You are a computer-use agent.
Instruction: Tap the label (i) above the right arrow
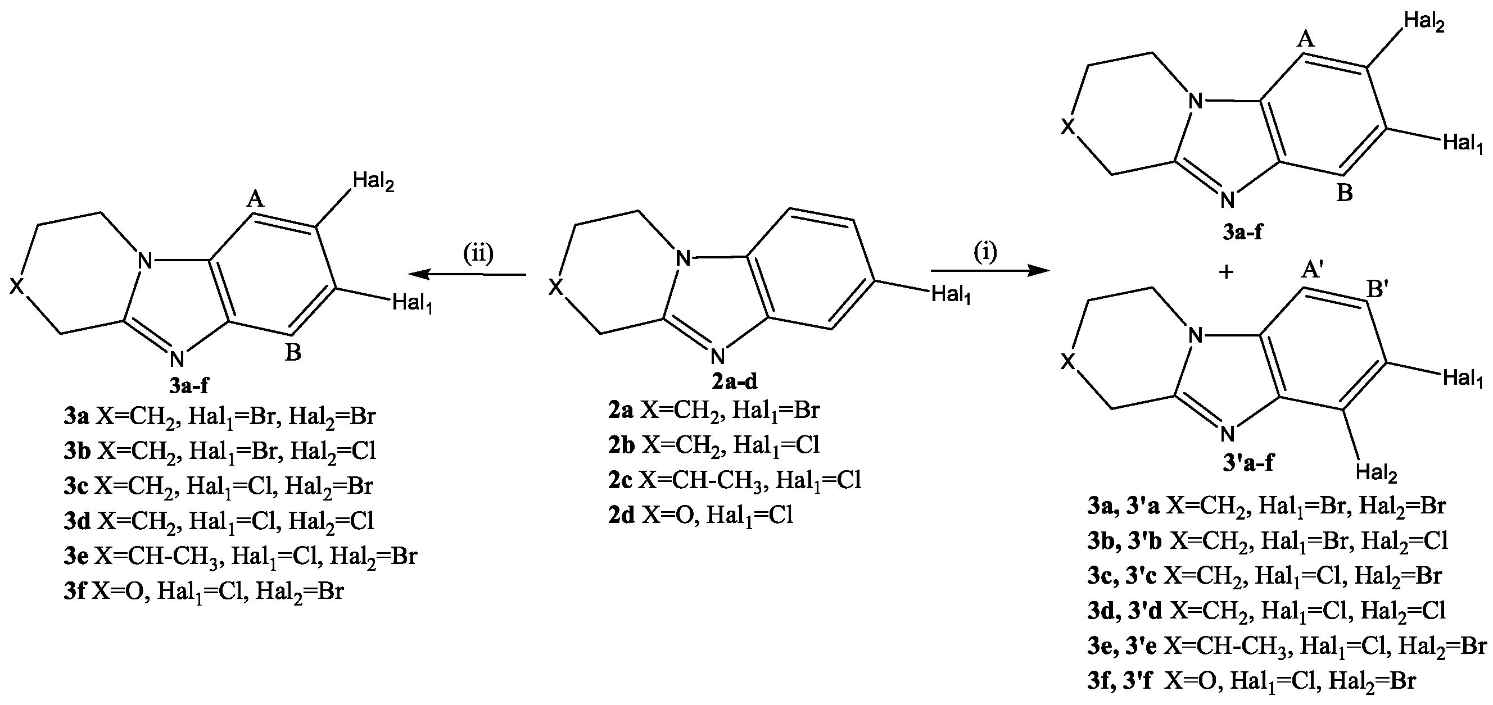985,252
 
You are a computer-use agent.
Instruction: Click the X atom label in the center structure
556,286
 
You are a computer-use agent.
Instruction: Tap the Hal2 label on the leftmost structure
373,183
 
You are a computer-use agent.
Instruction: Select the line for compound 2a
713,411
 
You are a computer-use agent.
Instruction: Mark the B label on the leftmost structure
293,352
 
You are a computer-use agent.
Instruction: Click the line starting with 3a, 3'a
1266,506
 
